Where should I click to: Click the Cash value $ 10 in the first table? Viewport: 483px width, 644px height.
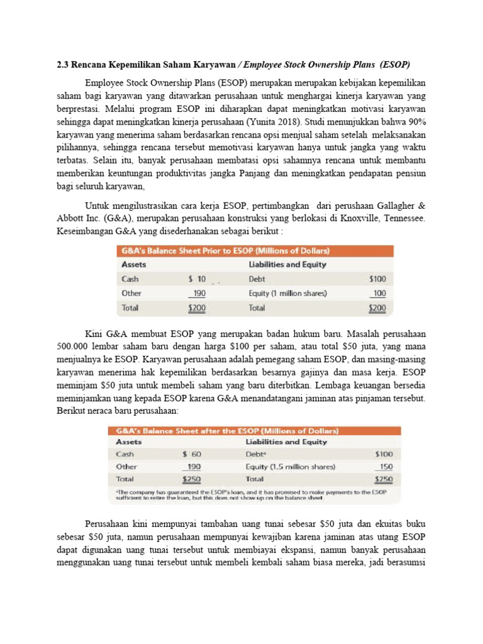tap(197, 279)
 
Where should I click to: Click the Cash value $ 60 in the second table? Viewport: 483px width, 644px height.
tap(191, 453)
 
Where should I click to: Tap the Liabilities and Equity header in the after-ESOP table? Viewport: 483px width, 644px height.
tap(286, 441)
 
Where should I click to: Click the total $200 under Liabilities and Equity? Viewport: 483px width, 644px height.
tap(377, 308)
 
